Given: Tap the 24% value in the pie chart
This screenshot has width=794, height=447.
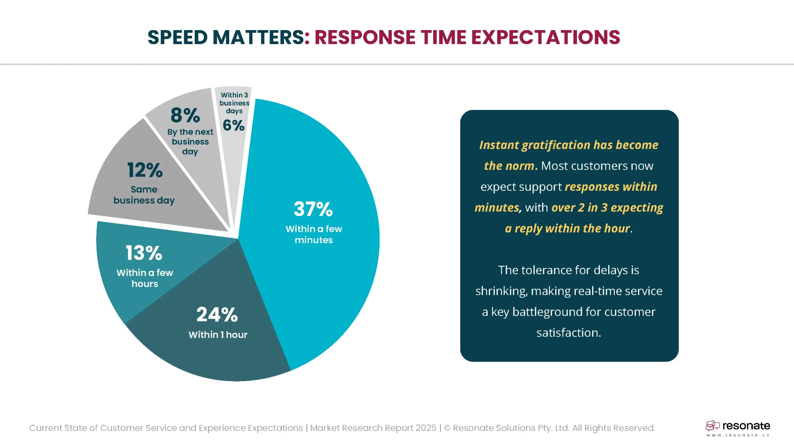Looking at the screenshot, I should coord(217,314).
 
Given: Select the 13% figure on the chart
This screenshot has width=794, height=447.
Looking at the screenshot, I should coord(144,253).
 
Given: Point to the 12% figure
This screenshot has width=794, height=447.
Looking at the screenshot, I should coord(145,170).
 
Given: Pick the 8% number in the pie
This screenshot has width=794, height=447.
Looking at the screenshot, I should coord(185,115).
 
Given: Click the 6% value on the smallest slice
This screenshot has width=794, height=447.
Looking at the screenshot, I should coord(234,125).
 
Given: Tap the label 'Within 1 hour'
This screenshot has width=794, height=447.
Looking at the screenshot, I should coord(218,335).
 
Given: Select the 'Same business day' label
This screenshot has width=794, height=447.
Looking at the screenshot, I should coord(144,195).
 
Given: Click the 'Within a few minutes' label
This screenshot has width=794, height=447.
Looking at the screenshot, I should coord(314,234).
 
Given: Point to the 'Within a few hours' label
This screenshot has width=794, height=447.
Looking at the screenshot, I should coord(145,278).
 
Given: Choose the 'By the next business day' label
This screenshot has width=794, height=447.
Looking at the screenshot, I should coord(190,142).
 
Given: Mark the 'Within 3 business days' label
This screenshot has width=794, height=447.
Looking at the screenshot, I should coord(234,103).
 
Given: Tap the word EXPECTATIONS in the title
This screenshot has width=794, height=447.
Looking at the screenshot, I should coord(546,38).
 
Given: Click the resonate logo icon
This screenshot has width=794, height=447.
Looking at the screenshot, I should coord(712,426).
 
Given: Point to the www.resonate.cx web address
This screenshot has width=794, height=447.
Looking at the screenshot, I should coord(738,435).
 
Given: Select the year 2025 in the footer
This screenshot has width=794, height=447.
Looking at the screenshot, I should coord(426,428).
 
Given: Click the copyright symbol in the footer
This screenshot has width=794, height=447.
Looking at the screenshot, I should coord(447,428).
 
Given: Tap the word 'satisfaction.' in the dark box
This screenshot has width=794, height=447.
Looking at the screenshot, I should coord(569,333).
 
